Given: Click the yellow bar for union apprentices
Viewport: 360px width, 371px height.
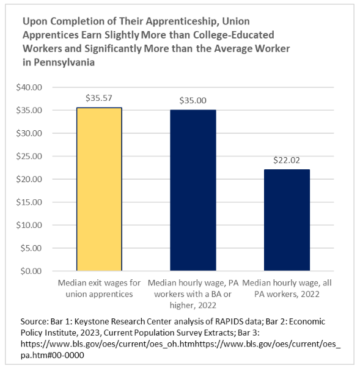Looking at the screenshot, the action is pyautogui.click(x=99, y=189).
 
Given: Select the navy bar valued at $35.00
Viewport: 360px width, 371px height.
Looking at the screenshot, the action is pyautogui.click(x=193, y=190).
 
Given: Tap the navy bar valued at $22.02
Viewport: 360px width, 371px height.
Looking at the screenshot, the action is pyautogui.click(x=287, y=220).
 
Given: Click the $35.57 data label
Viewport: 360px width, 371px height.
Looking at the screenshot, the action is pyautogui.click(x=99, y=98).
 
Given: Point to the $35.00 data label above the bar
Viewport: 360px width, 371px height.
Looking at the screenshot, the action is pyautogui.click(x=193, y=100).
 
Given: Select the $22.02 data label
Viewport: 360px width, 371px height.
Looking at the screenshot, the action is pyautogui.click(x=287, y=160).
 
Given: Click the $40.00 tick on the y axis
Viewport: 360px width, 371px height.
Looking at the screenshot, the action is pyautogui.click(x=29, y=87).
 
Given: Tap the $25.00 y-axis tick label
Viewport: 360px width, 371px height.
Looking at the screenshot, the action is pyautogui.click(x=29, y=156).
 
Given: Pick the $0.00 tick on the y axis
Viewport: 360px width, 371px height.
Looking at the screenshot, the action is pyautogui.click(x=31, y=271).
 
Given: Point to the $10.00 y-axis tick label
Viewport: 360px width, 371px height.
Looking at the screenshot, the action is pyautogui.click(x=29, y=225).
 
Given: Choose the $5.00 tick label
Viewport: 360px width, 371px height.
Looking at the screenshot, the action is pyautogui.click(x=31, y=248).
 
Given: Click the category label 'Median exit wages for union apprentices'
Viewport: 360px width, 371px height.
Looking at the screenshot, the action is pyautogui.click(x=100, y=288).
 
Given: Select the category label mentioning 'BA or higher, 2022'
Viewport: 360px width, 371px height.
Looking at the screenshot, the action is pyautogui.click(x=193, y=294).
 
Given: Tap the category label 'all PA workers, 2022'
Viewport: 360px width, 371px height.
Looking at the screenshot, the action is pyautogui.click(x=287, y=288).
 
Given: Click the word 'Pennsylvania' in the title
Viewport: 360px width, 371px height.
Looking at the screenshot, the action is pyautogui.click(x=64, y=62).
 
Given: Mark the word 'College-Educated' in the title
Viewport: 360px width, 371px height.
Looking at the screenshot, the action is pyautogui.click(x=233, y=35).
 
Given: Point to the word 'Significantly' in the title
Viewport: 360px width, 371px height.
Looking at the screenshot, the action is pyautogui.click(x=113, y=49).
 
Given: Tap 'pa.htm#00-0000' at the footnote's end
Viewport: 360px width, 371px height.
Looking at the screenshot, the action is pyautogui.click(x=53, y=355).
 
